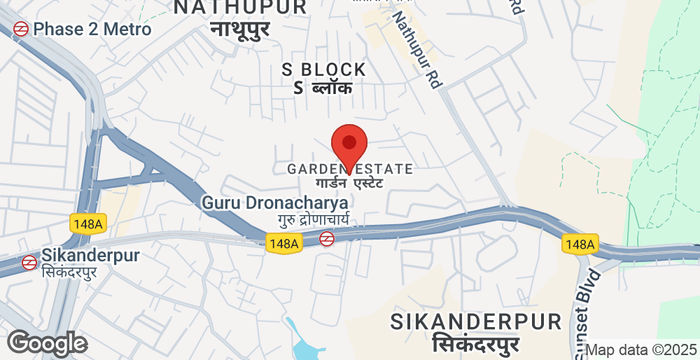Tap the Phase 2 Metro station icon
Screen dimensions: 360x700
20,29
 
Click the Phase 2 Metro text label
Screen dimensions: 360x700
92,29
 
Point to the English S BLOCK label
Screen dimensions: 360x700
324,69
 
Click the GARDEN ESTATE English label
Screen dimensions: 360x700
349,169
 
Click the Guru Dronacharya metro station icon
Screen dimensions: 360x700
327,238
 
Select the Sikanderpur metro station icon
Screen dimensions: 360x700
30,262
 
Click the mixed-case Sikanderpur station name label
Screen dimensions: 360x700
91,255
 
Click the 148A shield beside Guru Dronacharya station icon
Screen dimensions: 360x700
283,243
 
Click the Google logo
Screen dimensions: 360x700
47,343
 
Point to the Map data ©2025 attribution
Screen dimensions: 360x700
639,350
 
